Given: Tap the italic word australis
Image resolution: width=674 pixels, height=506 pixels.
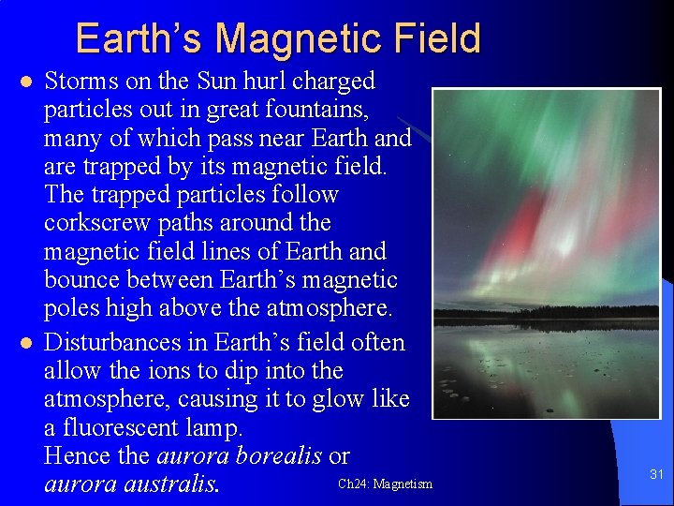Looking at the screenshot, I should click(174, 484).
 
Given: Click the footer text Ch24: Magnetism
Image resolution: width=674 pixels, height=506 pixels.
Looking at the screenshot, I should click(385, 484).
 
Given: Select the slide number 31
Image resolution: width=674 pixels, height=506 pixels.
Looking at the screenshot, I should click(656, 475).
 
